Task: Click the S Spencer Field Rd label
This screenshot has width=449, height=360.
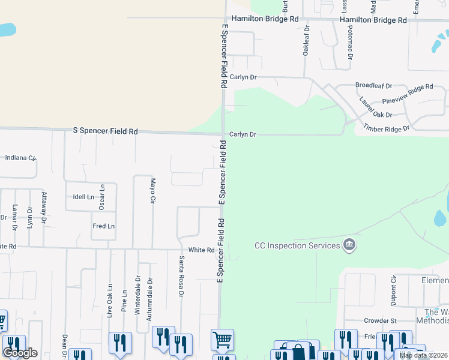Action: (105, 130)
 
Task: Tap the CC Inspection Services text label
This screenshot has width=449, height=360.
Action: (297, 245)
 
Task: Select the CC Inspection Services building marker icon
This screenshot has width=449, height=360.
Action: (349, 245)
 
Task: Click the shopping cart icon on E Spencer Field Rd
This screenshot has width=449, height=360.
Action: (222, 340)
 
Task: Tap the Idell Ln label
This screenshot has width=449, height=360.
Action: (83, 197)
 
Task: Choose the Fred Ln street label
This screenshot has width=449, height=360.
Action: (103, 226)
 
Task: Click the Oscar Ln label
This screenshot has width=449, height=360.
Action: (102, 196)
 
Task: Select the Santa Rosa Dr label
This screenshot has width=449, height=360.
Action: (181, 276)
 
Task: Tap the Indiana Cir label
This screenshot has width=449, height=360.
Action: (21, 158)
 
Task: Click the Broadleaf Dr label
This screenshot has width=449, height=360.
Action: (373, 86)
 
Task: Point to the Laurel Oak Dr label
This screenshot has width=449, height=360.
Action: (375, 107)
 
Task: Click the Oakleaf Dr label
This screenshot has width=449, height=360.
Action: (306, 40)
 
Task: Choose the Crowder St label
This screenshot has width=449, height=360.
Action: (381, 321)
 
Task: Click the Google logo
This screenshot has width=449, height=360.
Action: (20, 353)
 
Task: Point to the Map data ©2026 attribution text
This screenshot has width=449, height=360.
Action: (423, 355)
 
